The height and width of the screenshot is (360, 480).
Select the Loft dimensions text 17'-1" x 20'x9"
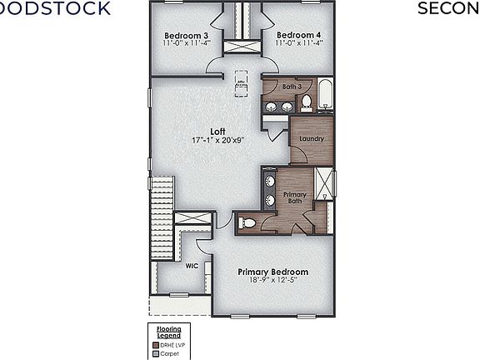[x=217, y=140]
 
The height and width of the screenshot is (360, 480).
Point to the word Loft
[x=217, y=131]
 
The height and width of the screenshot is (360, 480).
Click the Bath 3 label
[x=291, y=86]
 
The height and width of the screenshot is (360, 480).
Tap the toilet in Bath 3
[x=306, y=102]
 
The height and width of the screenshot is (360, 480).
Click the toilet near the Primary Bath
[x=248, y=222]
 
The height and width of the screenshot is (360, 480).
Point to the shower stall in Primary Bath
[x=324, y=184]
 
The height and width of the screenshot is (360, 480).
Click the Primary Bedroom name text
[x=272, y=272]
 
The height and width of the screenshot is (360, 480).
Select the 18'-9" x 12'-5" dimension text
[x=272, y=281]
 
